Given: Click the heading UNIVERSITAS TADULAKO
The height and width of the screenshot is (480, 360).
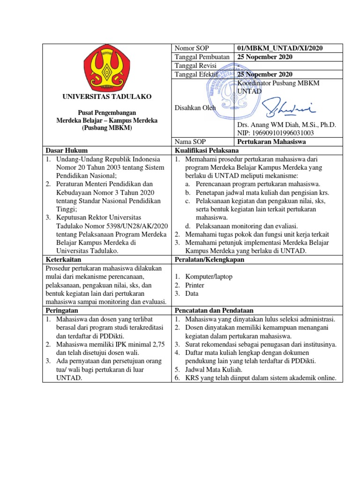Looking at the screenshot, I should click(x=107, y=97).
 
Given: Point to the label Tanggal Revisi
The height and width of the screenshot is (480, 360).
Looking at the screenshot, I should click(x=195, y=66).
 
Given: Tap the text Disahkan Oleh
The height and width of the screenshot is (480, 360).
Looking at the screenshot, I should click(x=195, y=108).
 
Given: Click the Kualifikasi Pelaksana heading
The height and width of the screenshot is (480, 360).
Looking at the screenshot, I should click(x=207, y=150).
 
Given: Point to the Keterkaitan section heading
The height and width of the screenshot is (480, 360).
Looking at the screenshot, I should click(x=63, y=259).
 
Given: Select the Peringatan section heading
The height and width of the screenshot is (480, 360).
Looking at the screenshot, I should click(x=61, y=310).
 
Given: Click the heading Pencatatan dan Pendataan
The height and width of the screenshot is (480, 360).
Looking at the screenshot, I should click(x=214, y=310).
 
